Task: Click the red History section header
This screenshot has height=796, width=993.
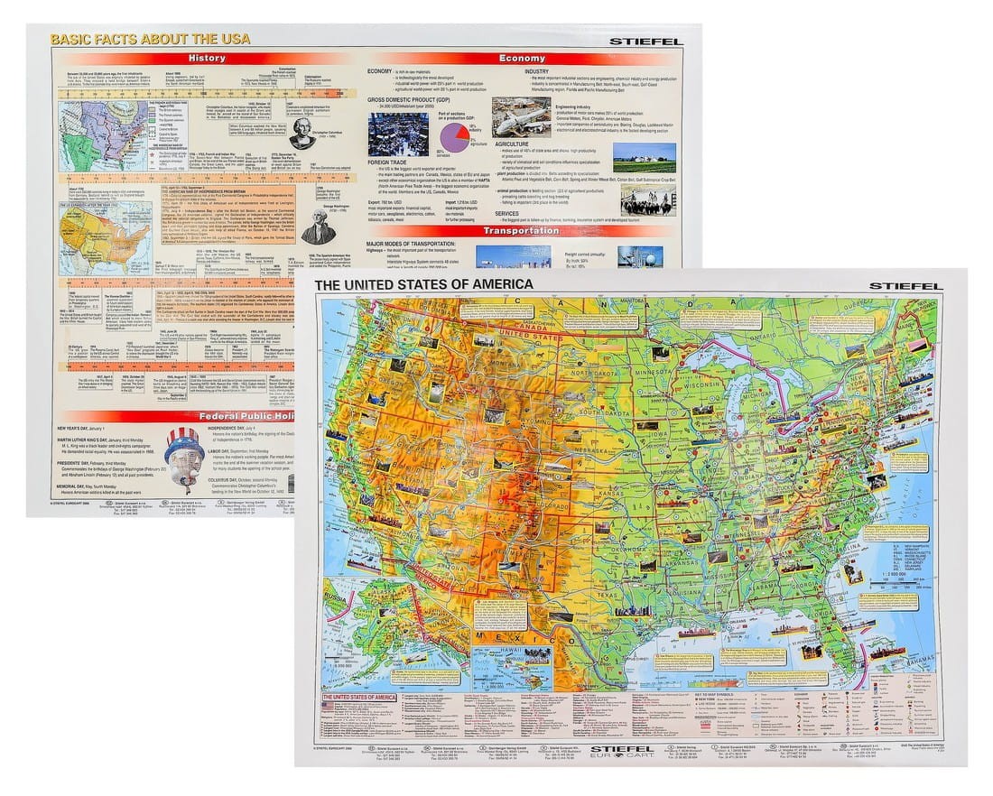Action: point(207,59)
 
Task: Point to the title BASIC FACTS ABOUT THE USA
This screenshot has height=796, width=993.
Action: point(151,39)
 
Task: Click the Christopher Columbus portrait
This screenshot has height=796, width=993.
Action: point(302,132)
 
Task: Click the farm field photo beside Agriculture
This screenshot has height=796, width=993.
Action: point(644,159)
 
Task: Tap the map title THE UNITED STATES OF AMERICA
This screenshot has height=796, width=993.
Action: point(435,284)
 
